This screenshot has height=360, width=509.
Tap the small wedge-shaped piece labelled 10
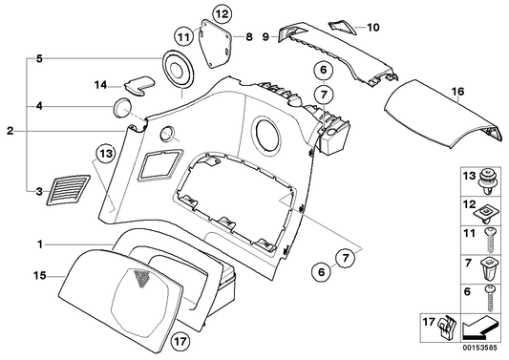339,25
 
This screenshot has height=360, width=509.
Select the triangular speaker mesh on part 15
142,279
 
